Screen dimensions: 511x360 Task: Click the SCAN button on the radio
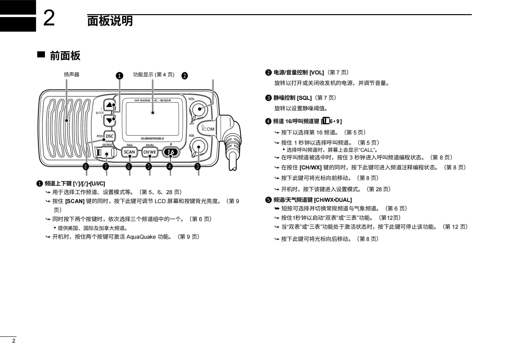[x=129, y=152]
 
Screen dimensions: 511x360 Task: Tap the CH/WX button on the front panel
[x=150, y=152]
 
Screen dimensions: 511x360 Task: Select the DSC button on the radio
[x=109, y=136]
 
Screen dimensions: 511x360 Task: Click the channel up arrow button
[x=110, y=105]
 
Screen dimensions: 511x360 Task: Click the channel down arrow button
[x=110, y=121]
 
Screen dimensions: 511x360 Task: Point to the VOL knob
[x=199, y=109]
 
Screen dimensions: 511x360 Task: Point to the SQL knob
[x=198, y=147]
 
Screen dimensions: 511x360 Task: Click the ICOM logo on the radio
[x=208, y=129]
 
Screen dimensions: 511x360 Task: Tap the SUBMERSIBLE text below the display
[x=152, y=139]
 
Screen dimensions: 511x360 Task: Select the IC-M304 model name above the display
[x=162, y=100]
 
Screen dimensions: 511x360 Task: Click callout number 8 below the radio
[x=86, y=167]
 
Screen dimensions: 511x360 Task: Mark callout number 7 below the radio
[x=106, y=167]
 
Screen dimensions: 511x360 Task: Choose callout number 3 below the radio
[x=198, y=167]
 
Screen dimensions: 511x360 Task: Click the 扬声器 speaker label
[x=71, y=74]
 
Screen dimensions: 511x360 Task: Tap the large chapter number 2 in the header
[x=49, y=18]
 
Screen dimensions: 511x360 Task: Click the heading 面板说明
[x=110, y=21]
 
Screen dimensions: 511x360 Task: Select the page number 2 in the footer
[x=13, y=341]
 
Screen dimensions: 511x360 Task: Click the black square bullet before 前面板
[x=41, y=54]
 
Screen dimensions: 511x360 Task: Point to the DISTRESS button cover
[x=106, y=153]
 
